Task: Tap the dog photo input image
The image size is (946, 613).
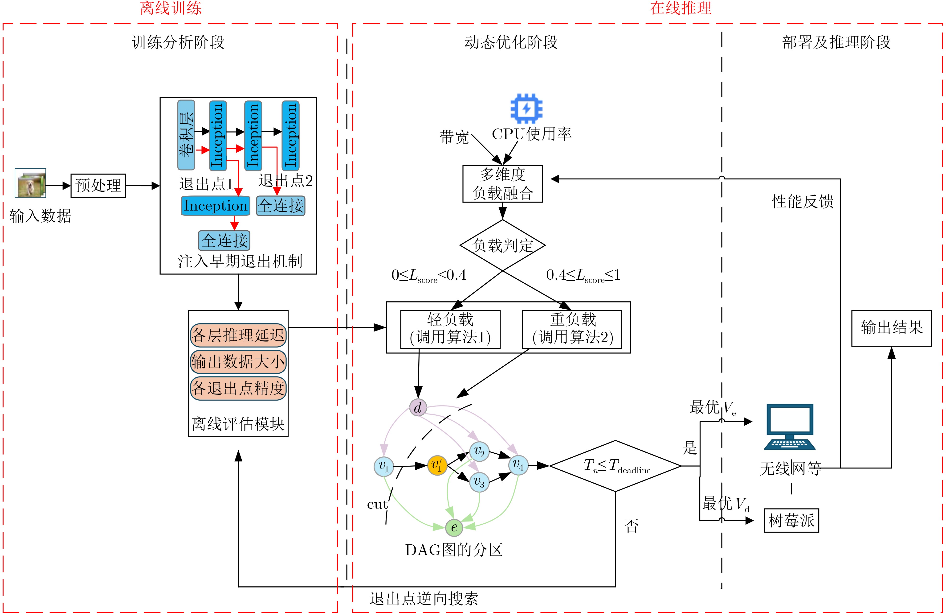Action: (31, 183)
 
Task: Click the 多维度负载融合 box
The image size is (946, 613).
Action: (502, 184)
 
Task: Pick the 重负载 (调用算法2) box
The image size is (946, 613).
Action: (571, 329)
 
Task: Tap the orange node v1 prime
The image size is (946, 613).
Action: (437, 465)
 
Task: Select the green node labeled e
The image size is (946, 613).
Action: (454, 527)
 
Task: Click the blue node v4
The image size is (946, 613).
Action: (518, 465)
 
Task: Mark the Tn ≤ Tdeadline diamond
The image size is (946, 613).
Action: (615, 466)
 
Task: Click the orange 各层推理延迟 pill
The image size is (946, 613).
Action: (238, 335)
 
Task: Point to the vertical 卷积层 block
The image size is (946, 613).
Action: (186, 135)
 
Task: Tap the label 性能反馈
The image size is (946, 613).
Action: (803, 201)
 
